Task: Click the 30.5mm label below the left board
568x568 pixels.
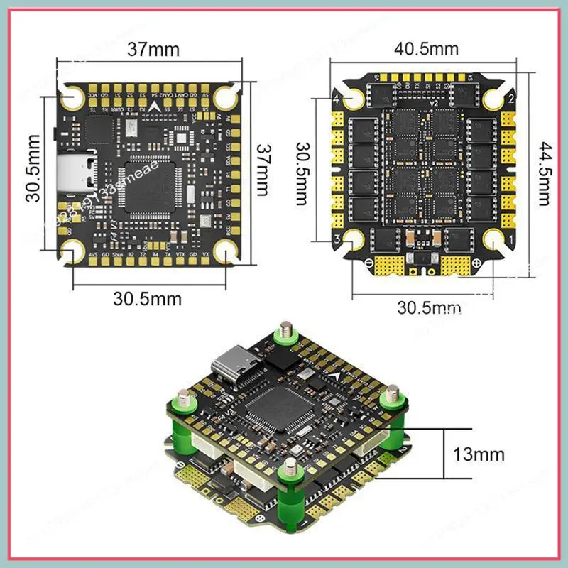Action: tap(147, 299)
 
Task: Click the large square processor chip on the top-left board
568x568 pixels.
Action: tap(150, 186)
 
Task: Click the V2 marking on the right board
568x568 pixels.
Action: tap(427, 102)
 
